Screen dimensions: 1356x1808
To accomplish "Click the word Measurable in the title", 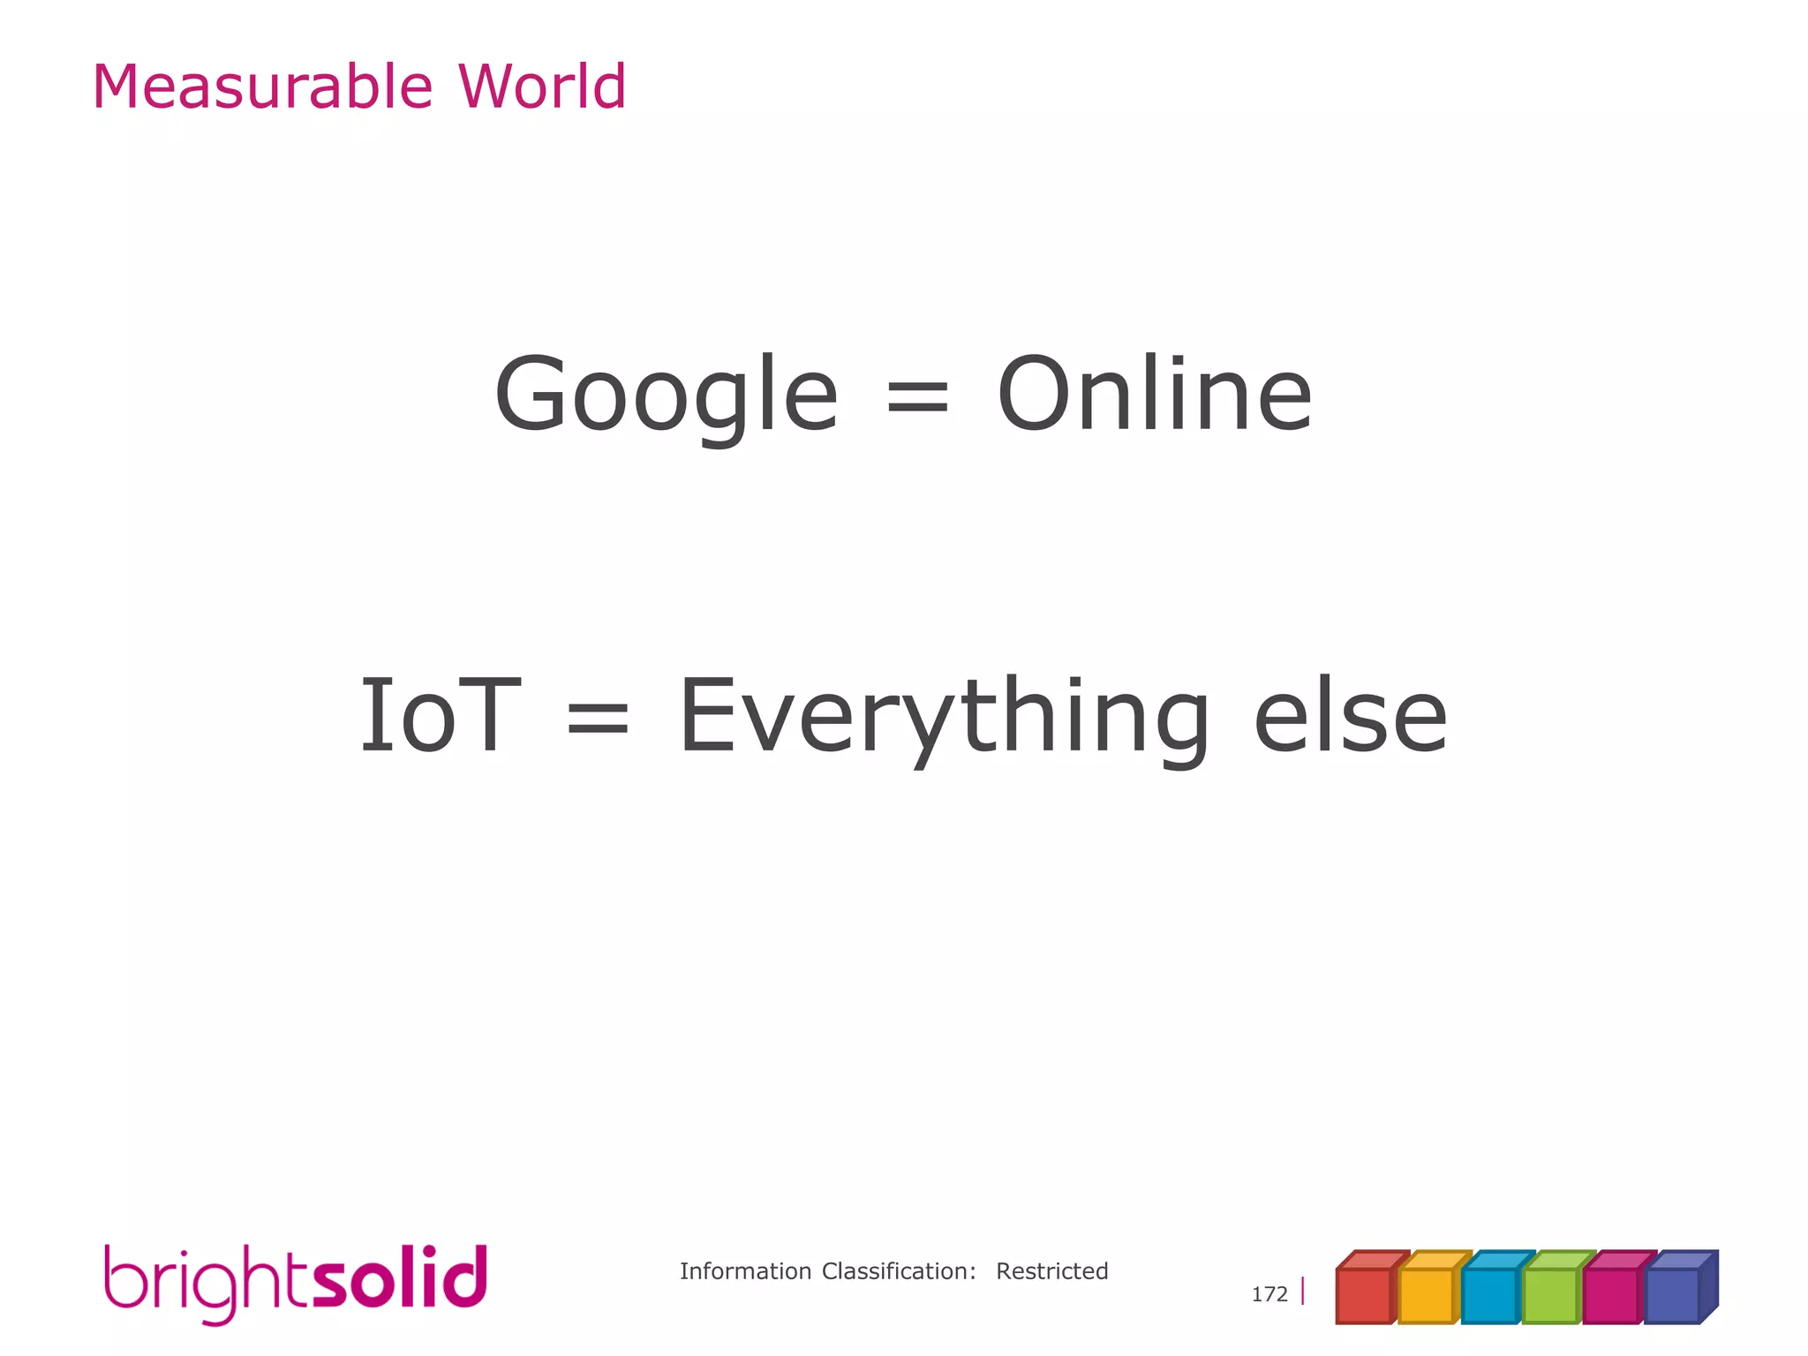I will [x=263, y=87].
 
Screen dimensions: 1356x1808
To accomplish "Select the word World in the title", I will [x=541, y=87].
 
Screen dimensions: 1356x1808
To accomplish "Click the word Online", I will [x=1155, y=395].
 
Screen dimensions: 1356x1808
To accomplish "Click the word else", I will [x=1351, y=717].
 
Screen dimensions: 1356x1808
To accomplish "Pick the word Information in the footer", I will [x=745, y=1271].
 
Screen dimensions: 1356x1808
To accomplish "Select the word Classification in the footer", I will [x=899, y=1271].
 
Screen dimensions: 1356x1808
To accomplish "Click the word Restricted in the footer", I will [x=1051, y=1271].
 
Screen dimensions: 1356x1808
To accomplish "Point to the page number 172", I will [x=1269, y=1294].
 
